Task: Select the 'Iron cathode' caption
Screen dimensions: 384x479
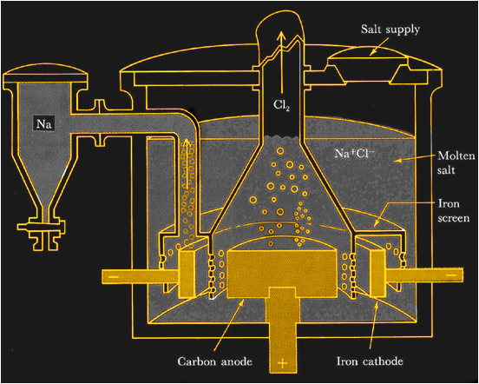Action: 370,356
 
